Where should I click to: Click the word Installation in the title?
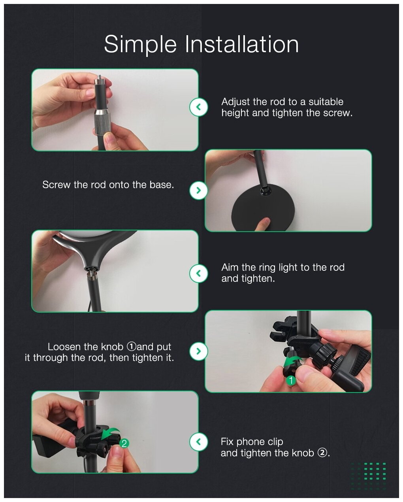point(242,44)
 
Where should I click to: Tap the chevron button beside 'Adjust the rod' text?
point(198,107)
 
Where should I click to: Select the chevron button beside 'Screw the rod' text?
point(198,191)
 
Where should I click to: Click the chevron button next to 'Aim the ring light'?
point(198,273)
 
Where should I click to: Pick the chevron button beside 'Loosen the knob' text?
point(198,351)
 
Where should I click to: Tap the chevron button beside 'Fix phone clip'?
point(198,442)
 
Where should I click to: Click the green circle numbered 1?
point(291,381)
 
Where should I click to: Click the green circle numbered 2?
point(124,443)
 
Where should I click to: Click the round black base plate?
point(263,208)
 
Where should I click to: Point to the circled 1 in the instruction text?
point(131,347)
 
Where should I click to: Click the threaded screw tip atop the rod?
point(100,77)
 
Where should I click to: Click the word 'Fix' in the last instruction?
point(227,442)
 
